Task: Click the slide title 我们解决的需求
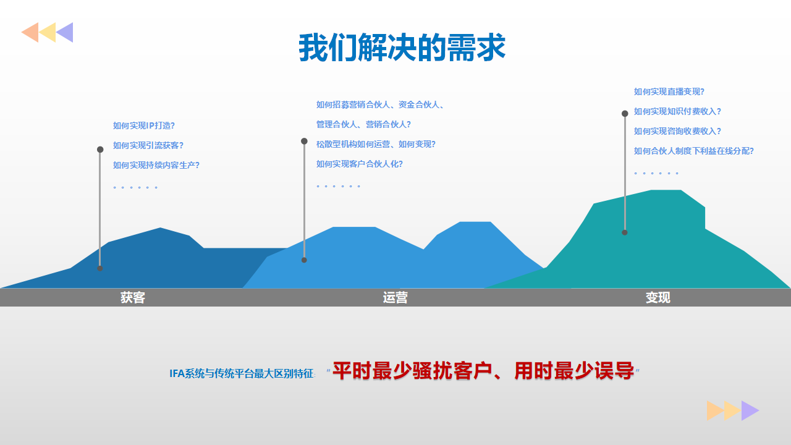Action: [402, 48]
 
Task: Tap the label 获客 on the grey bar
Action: [133, 297]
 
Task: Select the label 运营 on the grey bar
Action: [395, 297]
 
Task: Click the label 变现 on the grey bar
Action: [658, 297]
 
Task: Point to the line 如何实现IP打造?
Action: [144, 125]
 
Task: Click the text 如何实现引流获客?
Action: [148, 145]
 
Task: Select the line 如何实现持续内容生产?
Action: [156, 165]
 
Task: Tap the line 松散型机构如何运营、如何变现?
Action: [376, 144]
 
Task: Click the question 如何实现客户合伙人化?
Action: [360, 164]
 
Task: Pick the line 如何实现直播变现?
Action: [669, 91]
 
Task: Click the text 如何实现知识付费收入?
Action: [677, 111]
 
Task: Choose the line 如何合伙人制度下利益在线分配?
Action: [693, 151]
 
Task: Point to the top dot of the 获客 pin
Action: [100, 150]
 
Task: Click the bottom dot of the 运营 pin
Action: [304, 260]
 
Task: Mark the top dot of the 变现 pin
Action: [625, 113]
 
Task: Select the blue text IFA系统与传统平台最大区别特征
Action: [242, 373]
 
